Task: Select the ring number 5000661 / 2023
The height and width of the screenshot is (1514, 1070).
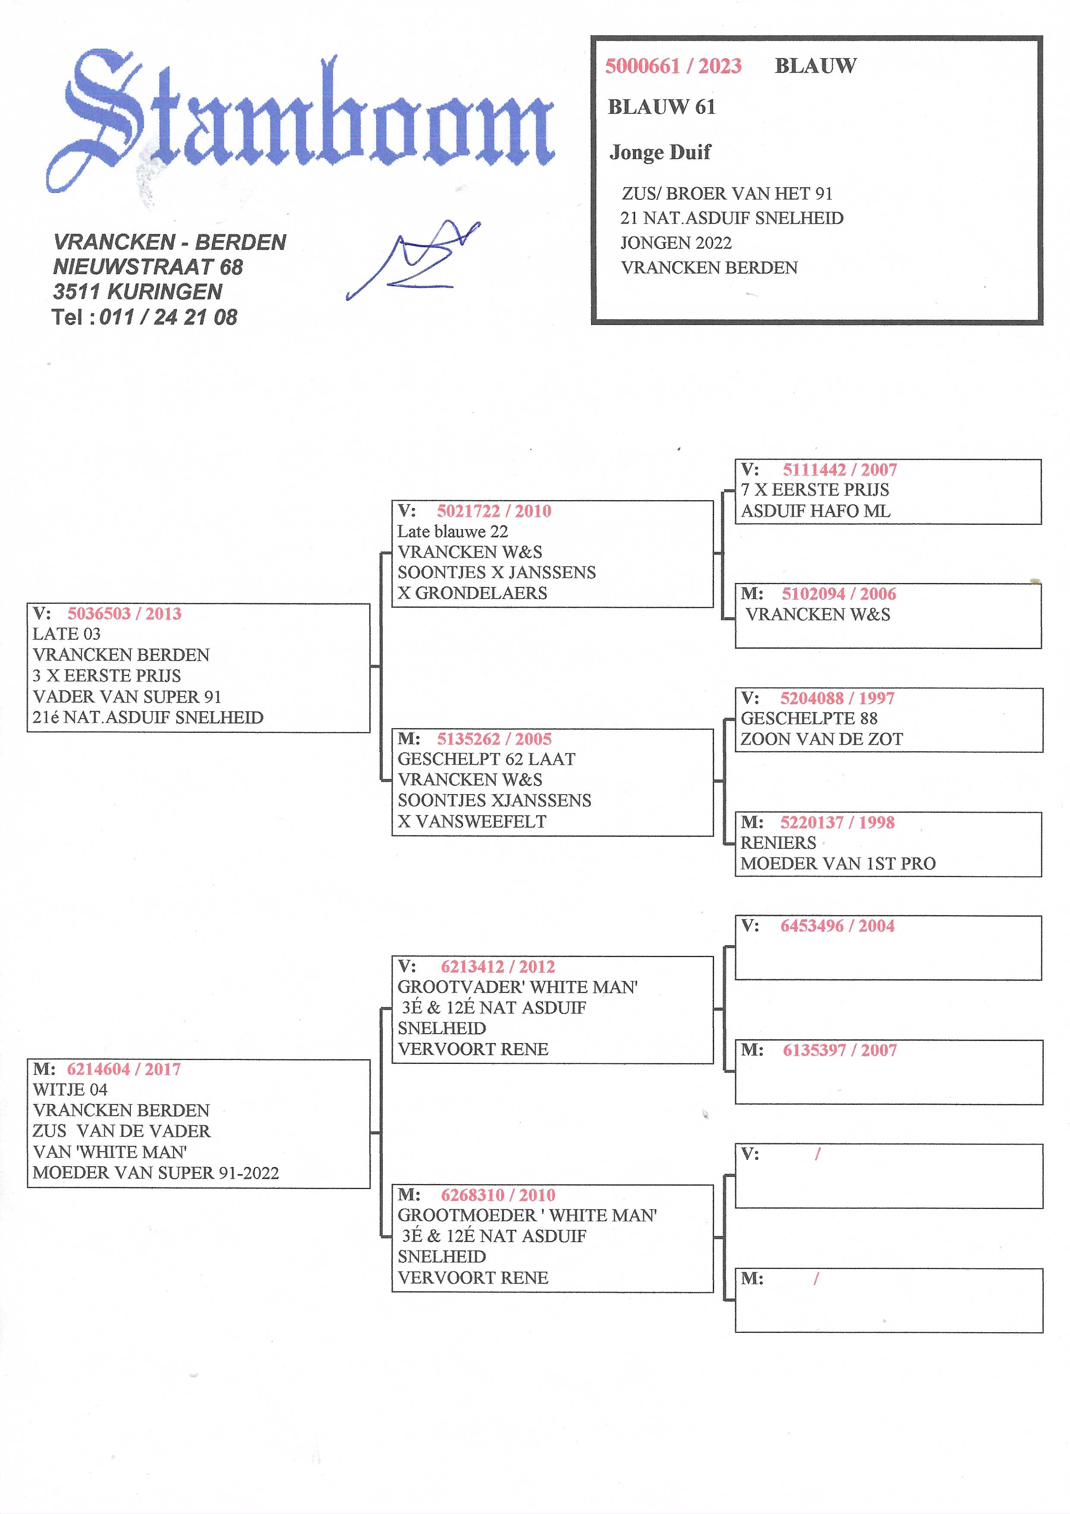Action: (x=673, y=66)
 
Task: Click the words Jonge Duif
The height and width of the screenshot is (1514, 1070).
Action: (x=660, y=152)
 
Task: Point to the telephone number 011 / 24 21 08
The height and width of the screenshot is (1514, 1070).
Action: (x=168, y=317)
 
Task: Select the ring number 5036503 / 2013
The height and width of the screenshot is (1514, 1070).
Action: (x=124, y=613)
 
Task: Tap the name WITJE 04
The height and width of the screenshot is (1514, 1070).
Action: (x=70, y=1089)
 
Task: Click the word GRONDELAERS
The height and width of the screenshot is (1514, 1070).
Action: (x=481, y=593)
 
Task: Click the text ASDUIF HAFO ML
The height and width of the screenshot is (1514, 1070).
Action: (x=815, y=511)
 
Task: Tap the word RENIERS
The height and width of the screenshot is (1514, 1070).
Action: (x=778, y=843)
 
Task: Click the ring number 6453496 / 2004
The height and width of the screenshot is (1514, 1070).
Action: (x=837, y=926)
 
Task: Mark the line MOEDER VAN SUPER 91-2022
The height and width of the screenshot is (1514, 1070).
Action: (x=156, y=1173)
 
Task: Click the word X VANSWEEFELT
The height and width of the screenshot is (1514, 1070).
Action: (x=472, y=822)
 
